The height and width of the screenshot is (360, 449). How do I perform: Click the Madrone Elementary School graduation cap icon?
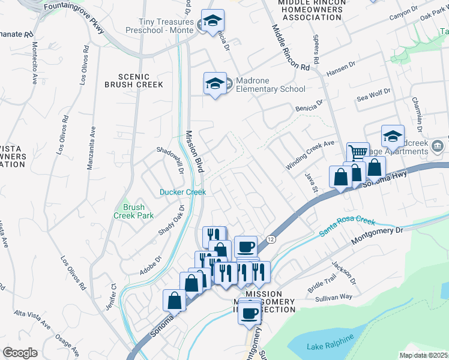(214, 84)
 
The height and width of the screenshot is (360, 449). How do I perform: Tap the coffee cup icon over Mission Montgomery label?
(250, 312)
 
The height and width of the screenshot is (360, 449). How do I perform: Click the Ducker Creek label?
(182, 192)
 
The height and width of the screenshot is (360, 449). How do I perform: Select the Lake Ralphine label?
(324, 346)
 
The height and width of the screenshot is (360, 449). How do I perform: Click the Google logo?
(20, 353)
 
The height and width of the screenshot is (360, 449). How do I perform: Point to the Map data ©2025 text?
(423, 355)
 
